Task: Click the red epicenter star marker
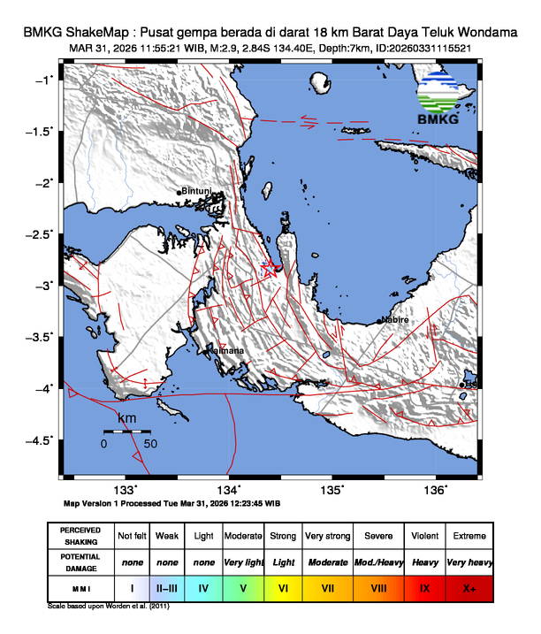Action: [275, 268]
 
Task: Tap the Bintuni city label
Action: [197, 191]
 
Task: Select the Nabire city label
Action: [394, 320]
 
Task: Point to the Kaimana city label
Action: [225, 351]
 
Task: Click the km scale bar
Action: [127, 432]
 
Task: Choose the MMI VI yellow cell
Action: [283, 587]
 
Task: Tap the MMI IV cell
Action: [203, 587]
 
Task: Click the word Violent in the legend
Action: [423, 536]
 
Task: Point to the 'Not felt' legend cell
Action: [133, 536]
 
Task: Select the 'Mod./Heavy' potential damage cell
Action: [375, 561]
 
